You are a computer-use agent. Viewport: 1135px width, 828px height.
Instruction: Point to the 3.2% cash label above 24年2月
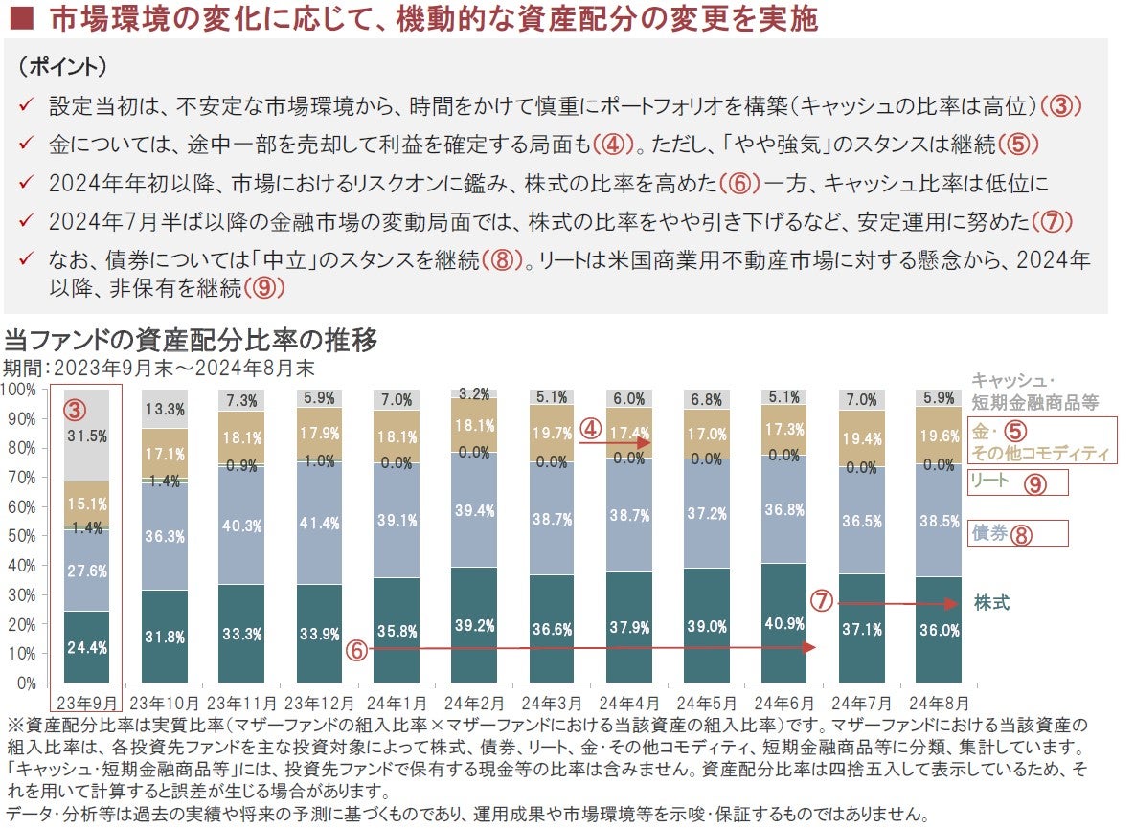[x=474, y=393]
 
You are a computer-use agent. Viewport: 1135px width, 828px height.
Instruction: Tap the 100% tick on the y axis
[x=18, y=390]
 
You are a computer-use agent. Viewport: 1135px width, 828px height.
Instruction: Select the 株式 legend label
[x=991, y=603]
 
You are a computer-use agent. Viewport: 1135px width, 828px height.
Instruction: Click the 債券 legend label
[x=989, y=534]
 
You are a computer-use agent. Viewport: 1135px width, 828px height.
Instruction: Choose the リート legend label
[x=989, y=481]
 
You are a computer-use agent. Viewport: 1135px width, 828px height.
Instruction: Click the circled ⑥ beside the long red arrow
[x=355, y=649]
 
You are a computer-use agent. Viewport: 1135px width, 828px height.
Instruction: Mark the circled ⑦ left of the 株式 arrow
[x=821, y=602]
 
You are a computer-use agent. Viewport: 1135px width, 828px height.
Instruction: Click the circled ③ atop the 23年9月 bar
[x=76, y=410]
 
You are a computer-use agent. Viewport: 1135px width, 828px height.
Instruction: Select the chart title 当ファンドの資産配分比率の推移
[x=191, y=340]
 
